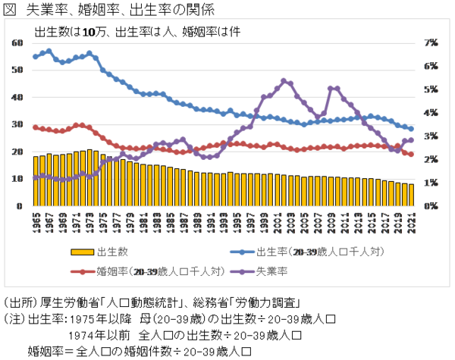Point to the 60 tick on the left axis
[x=17, y=42]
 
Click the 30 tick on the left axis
[x=17, y=124]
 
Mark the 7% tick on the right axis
[x=431, y=42]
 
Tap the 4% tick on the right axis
[x=431, y=113]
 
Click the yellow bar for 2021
[x=411, y=195]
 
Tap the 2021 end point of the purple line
[x=411, y=139]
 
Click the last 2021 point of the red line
[x=411, y=155]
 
